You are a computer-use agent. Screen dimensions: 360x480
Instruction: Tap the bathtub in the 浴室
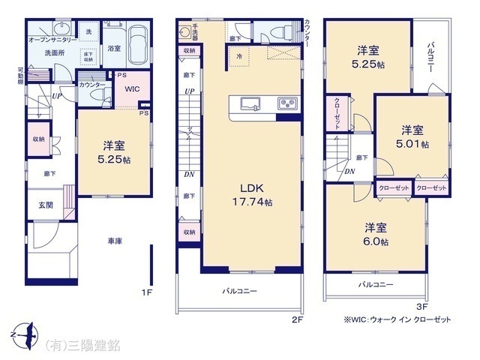(x=136, y=37)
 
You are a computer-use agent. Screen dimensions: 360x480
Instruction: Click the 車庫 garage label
(x=115, y=241)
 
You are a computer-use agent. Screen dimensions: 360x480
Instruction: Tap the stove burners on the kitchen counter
(x=288, y=103)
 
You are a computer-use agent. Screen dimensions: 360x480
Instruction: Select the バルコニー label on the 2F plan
(x=239, y=290)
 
